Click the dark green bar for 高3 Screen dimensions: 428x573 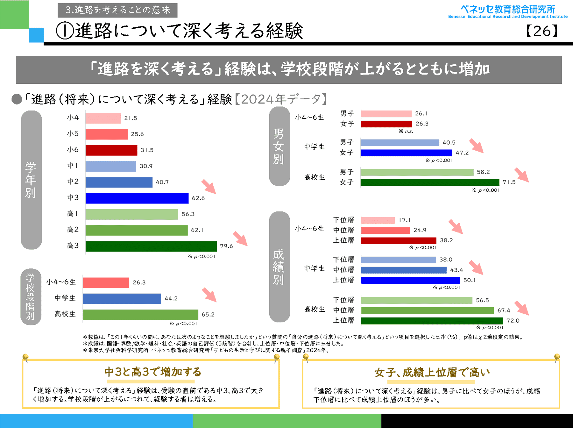pos(151,246)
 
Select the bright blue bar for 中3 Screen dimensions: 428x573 pos(137,198)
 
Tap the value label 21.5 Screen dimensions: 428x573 pos(131,118)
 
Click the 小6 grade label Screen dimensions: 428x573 pos(73,150)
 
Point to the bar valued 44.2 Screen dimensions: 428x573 pos(122,299)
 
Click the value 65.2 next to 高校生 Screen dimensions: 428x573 pos(208,315)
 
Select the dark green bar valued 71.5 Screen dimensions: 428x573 pos(430,182)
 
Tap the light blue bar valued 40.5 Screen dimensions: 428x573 pos(400,143)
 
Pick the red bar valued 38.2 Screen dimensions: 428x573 pos(399,240)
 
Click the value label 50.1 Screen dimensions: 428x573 pos(469,280)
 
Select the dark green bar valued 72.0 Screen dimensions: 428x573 pos(432,321)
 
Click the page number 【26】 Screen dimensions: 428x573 pos(542,31)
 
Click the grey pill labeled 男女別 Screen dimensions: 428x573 pos(279,146)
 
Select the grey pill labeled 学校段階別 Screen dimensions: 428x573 pos(31,296)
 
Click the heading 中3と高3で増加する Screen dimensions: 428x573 pos(153,372)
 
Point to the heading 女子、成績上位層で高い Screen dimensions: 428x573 pos(432,372)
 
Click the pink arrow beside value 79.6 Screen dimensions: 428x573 pos(240,239)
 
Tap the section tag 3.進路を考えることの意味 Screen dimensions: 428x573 pos(117,10)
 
